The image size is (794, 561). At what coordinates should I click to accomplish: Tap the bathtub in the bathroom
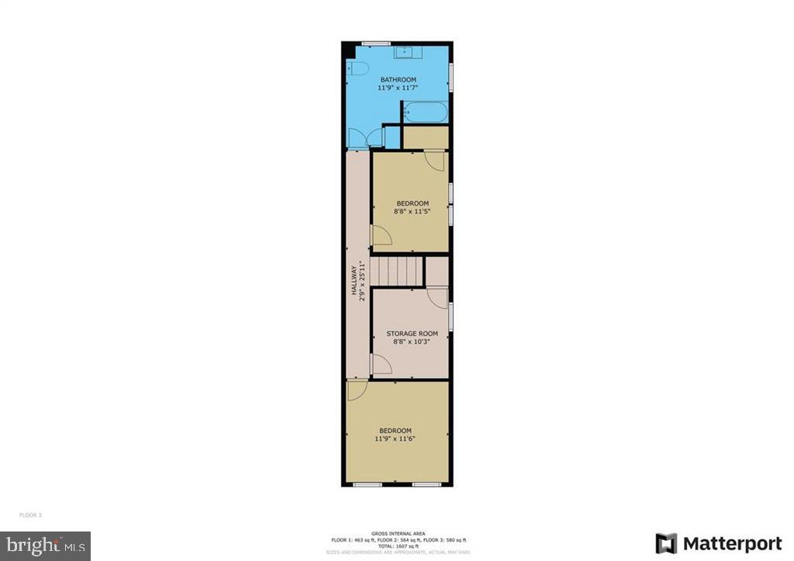[x=425, y=112]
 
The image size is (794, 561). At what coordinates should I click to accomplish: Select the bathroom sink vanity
[x=404, y=52]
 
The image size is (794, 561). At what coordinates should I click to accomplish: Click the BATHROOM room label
[x=398, y=80]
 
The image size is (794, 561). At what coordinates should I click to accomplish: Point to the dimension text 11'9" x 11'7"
[x=398, y=88]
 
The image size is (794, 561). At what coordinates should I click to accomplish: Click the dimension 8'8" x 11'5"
[x=411, y=211]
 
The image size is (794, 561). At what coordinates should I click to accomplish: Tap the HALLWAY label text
[x=354, y=279]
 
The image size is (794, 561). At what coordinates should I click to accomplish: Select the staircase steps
[x=396, y=272]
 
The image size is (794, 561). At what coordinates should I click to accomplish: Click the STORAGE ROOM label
[x=413, y=334]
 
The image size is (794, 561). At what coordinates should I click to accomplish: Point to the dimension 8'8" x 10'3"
[x=412, y=341]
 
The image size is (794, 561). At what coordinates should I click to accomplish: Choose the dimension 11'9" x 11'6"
[x=395, y=439]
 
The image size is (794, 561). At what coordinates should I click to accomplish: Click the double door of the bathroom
[x=366, y=137]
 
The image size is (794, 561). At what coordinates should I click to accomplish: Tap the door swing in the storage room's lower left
[x=381, y=364]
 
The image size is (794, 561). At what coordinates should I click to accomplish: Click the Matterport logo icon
[x=666, y=543]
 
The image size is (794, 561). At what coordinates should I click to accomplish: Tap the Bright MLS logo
[x=45, y=545]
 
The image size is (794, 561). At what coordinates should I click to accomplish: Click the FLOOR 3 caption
[x=32, y=515]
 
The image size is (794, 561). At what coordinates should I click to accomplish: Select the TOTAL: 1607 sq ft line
[x=397, y=546]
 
